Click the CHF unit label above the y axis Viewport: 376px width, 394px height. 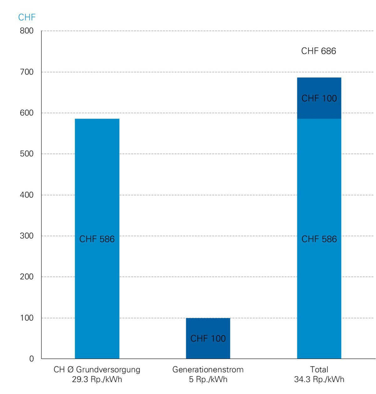[27, 17]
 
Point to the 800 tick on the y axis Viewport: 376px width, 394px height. [27, 31]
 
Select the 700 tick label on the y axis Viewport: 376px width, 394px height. [27, 72]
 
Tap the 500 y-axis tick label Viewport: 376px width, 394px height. [27, 154]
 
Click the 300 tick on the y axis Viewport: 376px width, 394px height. [27, 236]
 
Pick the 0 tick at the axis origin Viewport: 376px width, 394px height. [31, 359]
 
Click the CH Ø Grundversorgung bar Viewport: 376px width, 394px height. [97, 188]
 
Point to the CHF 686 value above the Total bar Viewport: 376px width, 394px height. [318, 51]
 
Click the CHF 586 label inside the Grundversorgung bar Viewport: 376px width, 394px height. [97, 239]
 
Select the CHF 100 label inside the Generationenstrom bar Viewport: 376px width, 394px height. [208, 339]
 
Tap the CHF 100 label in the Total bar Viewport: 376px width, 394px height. [319, 98]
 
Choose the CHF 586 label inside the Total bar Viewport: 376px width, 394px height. [319, 239]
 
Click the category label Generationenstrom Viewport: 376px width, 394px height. [208, 370]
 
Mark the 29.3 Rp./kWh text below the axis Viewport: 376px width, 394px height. [97, 380]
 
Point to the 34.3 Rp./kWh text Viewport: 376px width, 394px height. [319, 380]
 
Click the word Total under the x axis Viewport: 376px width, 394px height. [319, 370]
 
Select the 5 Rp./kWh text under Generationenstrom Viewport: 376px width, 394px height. [208, 380]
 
